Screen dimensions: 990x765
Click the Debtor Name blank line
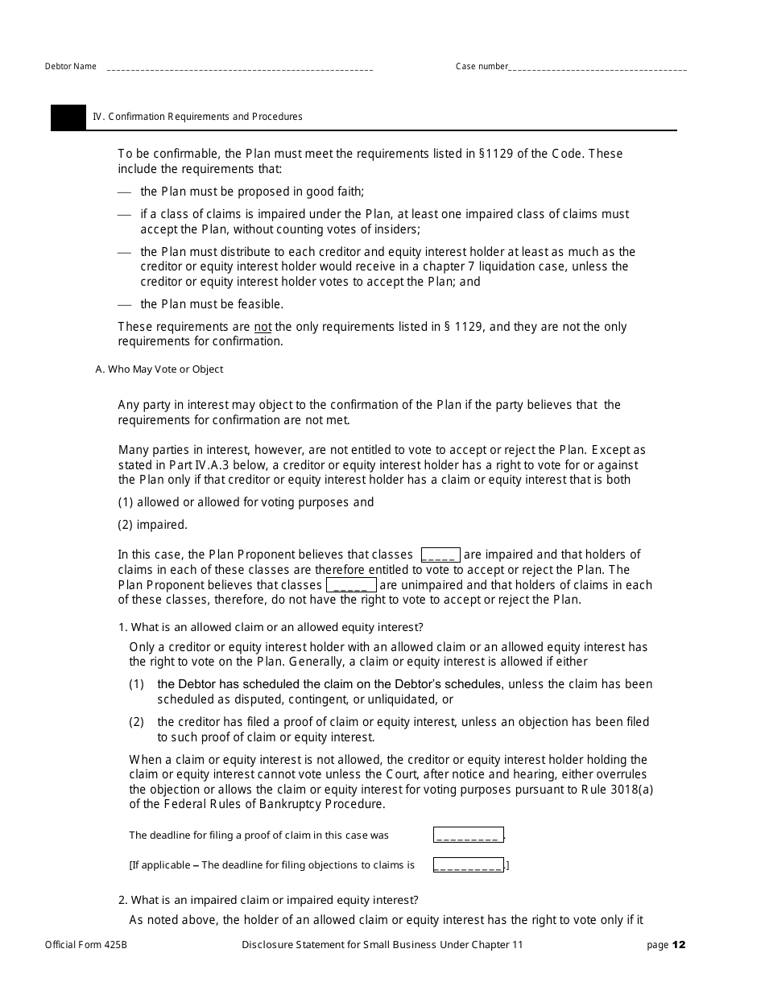click(x=239, y=68)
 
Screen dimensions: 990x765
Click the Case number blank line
click(x=598, y=68)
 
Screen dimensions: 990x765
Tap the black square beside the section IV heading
click(x=68, y=117)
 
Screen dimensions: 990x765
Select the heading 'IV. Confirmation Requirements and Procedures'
click(x=197, y=117)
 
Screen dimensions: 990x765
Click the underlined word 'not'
click(x=263, y=327)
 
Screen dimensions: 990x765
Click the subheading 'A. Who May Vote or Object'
click(x=159, y=369)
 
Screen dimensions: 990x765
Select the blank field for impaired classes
click(x=440, y=555)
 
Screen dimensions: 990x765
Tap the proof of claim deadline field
click(x=468, y=835)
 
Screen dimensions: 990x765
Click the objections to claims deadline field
click(x=468, y=865)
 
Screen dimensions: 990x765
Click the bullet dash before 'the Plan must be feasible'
click(x=124, y=304)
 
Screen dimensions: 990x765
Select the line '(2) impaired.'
click(x=152, y=525)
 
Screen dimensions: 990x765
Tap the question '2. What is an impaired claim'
click(x=268, y=900)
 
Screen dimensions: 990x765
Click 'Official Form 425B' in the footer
click(x=86, y=945)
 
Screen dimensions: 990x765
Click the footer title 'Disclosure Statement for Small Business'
click(x=382, y=945)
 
